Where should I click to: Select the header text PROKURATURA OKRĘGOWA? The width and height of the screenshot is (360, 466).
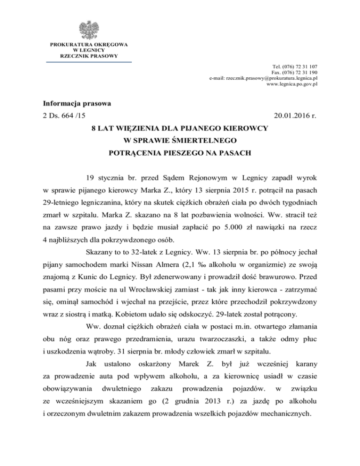pos(89,45)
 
